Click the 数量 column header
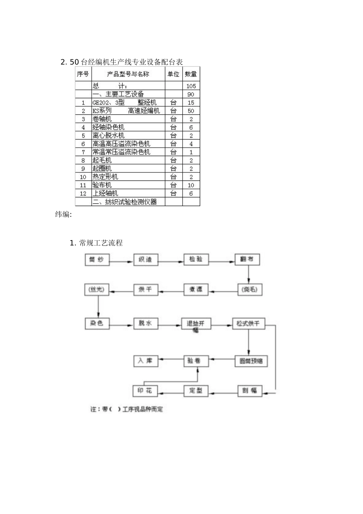pyautogui.click(x=191, y=74)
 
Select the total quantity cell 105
pyautogui.click(x=191, y=86)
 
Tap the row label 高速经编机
pyautogui.click(x=144, y=111)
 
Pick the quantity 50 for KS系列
pyautogui.click(x=191, y=111)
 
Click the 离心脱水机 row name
pyautogui.click(x=109, y=135)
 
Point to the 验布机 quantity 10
pyautogui.click(x=191, y=185)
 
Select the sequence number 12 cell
pyautogui.click(x=83, y=194)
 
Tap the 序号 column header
pyautogui.click(x=83, y=74)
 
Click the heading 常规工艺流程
pyautogui.click(x=100, y=243)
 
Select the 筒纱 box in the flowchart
pyautogui.click(x=97, y=260)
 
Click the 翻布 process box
pyautogui.click(x=247, y=259)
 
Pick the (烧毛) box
pyautogui.click(x=250, y=290)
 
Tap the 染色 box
pyautogui.click(x=97, y=323)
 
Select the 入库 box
pyautogui.click(x=145, y=361)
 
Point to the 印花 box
pyautogui.click(x=145, y=390)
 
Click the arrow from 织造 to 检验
pyautogui.click(x=171, y=262)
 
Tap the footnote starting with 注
pyautogui.click(x=126, y=409)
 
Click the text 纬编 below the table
pyautogui.click(x=63, y=214)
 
